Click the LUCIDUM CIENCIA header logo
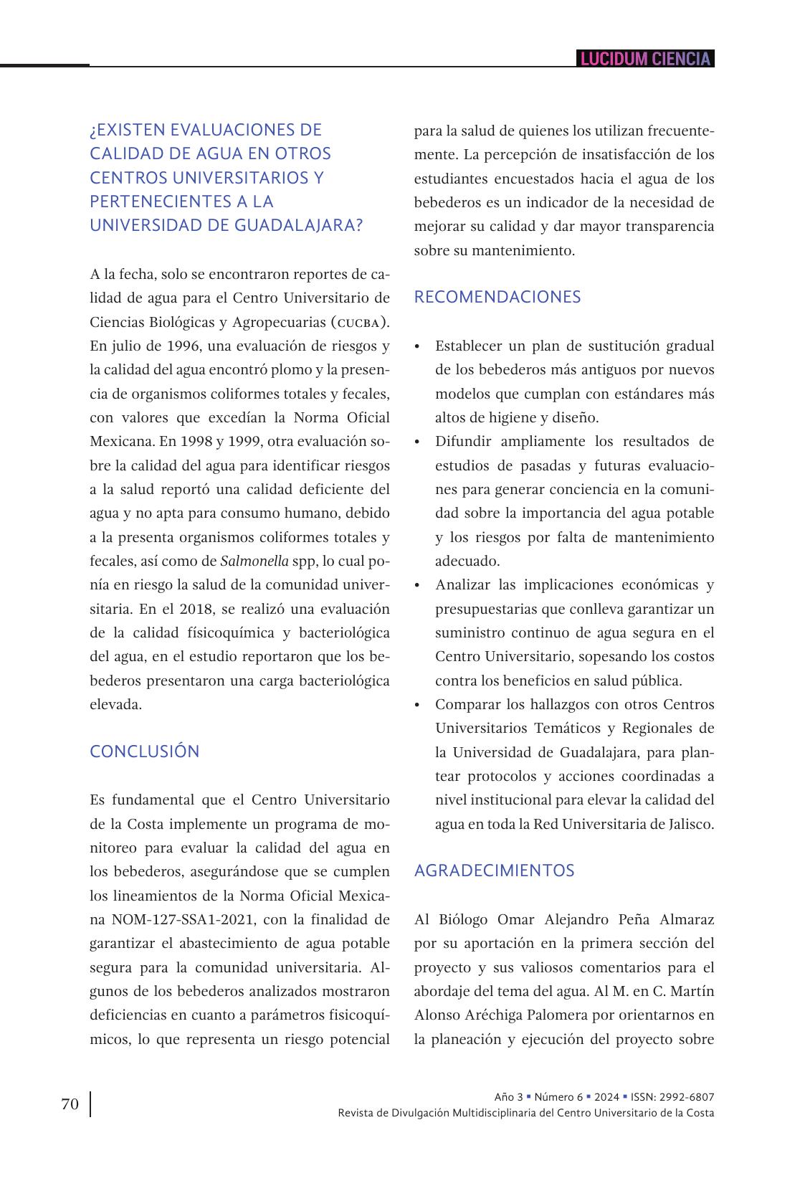coord(645,59)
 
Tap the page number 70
coord(70,1104)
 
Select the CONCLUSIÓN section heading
coord(144,751)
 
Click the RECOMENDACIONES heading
coord(497,297)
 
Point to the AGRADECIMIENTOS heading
coord(494,870)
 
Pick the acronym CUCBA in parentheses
coord(358,322)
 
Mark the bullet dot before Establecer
coord(417,347)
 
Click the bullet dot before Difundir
coord(417,442)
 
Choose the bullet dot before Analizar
coord(417,586)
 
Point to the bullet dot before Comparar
coord(417,706)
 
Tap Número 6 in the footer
coord(558,1097)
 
